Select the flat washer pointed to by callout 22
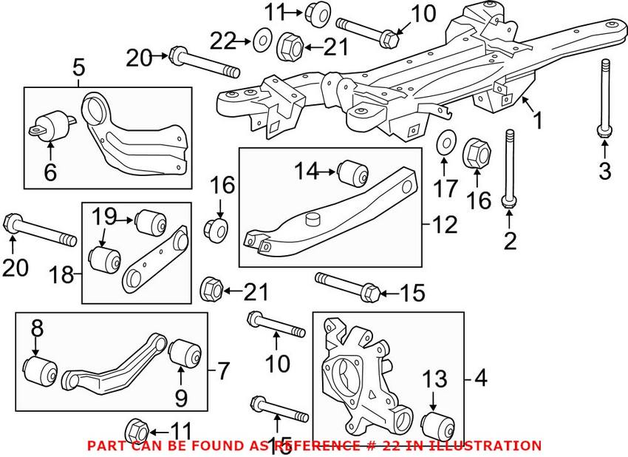[x=261, y=38]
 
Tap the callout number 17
[x=446, y=189]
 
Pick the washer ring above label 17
[x=446, y=142]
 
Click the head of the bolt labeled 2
[x=510, y=202]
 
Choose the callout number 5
[x=78, y=69]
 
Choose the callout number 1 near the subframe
[x=537, y=119]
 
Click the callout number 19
[x=104, y=217]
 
